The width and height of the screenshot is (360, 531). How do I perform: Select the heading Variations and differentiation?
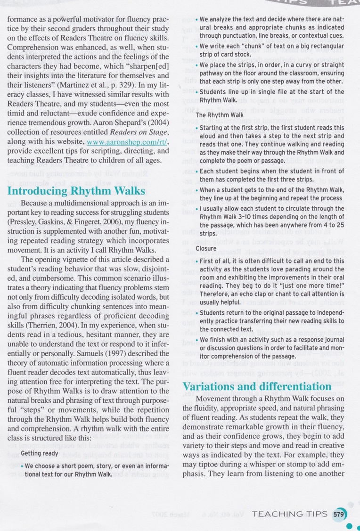pos(257,387)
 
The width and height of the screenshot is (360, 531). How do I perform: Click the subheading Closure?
pos(206,248)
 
